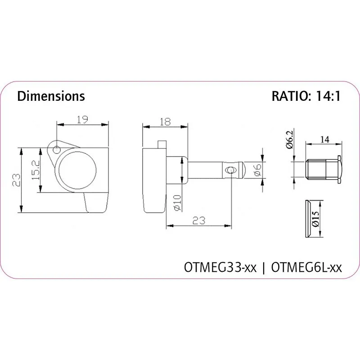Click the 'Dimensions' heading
(x=51, y=96)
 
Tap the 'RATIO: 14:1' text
(x=306, y=96)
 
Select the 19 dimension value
(x=82, y=119)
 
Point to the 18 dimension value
(x=165, y=121)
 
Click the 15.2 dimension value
(x=36, y=170)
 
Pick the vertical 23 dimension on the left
(x=16, y=180)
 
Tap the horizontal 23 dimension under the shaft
(x=199, y=220)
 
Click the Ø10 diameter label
(x=178, y=203)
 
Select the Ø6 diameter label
(x=257, y=170)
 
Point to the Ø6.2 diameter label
(x=290, y=139)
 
